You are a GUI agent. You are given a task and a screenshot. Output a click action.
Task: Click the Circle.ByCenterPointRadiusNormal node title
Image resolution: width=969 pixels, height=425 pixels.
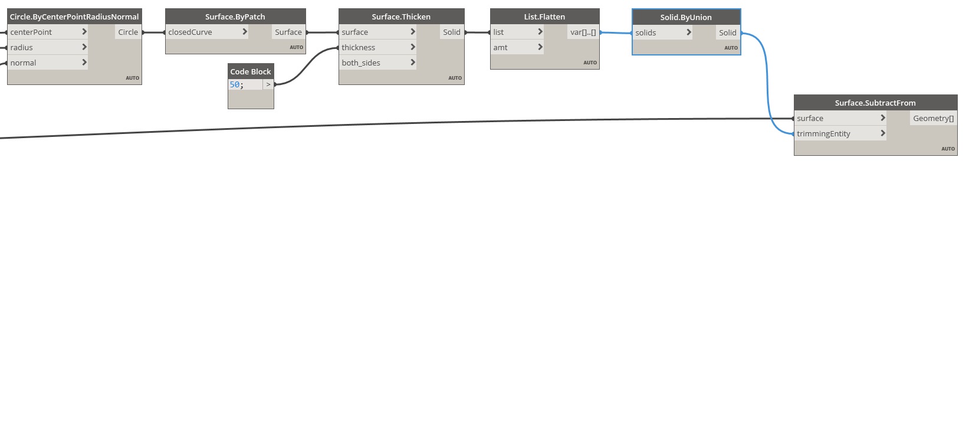[74, 17]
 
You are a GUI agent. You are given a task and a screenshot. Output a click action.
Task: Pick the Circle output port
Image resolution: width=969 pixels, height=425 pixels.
[128, 32]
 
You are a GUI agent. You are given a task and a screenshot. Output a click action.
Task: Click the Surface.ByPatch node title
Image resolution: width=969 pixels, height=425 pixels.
[235, 17]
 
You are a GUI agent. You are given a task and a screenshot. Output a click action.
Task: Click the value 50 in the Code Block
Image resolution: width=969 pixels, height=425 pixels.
[235, 85]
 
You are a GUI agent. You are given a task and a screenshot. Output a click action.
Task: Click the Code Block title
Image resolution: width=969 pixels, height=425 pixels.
[251, 71]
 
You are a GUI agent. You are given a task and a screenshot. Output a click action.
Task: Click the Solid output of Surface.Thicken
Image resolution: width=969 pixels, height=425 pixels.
[452, 32]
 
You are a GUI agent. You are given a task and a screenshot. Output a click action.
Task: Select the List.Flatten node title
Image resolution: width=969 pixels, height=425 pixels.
[544, 17]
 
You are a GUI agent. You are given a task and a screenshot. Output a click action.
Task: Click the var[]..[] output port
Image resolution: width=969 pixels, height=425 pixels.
[583, 32]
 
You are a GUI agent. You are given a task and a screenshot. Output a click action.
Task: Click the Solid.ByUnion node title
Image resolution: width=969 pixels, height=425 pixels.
[686, 17]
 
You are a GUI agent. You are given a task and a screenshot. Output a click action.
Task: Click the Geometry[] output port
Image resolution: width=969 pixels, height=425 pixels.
[933, 118]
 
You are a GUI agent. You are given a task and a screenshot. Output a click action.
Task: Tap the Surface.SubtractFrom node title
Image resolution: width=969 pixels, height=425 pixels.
[875, 103]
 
